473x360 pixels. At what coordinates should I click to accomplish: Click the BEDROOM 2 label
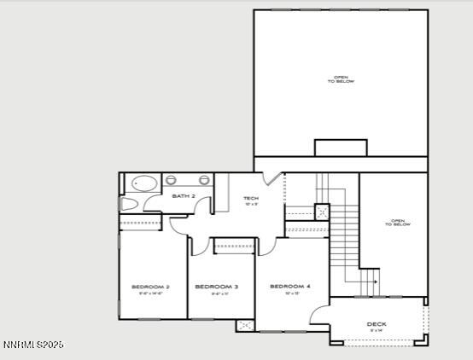(150, 287)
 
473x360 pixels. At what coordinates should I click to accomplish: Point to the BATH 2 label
(184, 196)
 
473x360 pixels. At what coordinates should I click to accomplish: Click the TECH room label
(250, 199)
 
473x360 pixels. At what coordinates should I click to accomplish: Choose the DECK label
(377, 324)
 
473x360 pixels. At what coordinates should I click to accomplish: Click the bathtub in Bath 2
(143, 183)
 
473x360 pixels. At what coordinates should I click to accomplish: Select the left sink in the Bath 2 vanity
(171, 180)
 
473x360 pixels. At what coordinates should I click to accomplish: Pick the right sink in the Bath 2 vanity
(205, 180)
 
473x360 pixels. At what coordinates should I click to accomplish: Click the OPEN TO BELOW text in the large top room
(340, 80)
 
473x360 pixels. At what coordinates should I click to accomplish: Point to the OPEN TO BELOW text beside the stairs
(399, 224)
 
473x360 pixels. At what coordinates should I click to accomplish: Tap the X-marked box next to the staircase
(322, 212)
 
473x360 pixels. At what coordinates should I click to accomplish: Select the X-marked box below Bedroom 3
(245, 325)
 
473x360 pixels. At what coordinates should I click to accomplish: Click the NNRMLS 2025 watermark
(32, 345)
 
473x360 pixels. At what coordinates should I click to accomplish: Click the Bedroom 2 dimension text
(150, 293)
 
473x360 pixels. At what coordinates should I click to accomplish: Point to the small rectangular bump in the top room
(341, 148)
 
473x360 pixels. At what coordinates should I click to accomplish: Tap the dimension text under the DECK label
(377, 330)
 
